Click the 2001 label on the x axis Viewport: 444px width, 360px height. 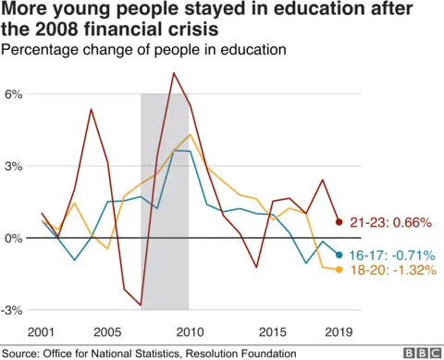[42, 331]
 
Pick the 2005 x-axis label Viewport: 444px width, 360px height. [107, 331]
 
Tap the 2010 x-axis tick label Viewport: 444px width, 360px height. [189, 331]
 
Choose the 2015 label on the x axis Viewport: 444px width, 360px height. [273, 331]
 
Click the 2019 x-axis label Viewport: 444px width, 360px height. [338, 331]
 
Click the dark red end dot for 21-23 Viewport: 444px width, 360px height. [339, 222]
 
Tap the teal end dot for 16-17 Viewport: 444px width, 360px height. [339, 254]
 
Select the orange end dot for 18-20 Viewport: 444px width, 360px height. [339, 269]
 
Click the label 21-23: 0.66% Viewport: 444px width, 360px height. [381, 222]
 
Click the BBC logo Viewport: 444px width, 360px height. [421, 353]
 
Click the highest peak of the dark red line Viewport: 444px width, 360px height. [173, 72]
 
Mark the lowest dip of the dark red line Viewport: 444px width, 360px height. [141, 304]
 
